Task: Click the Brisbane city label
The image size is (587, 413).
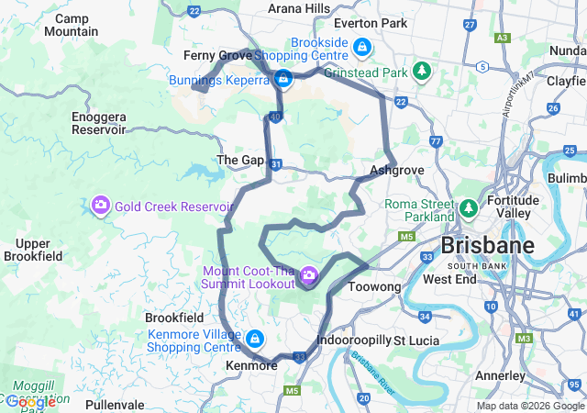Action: (487, 246)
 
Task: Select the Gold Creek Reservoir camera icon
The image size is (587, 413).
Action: (101, 205)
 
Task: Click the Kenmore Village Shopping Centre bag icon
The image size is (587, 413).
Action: (252, 340)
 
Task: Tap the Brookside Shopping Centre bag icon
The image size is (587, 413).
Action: (363, 46)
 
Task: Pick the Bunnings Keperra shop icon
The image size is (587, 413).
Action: (284, 80)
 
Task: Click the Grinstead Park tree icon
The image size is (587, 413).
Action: (422, 71)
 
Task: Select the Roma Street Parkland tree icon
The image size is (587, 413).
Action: (469, 209)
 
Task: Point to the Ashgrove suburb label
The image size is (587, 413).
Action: (396, 171)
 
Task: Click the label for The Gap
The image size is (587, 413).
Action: (239, 160)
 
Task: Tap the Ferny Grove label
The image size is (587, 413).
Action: (217, 56)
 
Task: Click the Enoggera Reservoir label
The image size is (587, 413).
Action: (98, 123)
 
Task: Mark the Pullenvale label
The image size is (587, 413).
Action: (115, 404)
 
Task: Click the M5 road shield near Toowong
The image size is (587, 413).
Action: (406, 237)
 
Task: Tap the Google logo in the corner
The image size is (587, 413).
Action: (30, 401)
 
